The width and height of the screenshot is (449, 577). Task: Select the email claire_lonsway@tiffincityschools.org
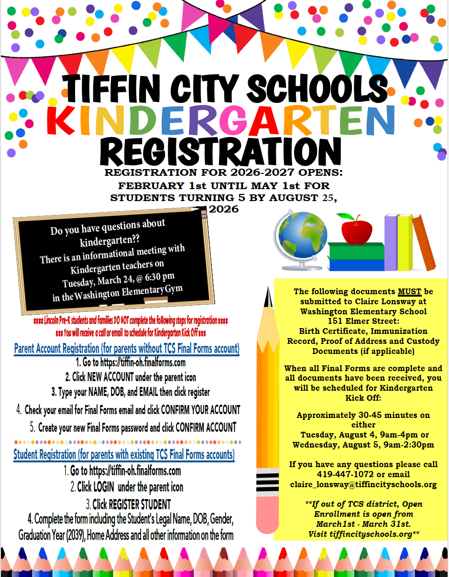(x=363, y=484)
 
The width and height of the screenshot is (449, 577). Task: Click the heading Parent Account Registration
(x=127, y=349)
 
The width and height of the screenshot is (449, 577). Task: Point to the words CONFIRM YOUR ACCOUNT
(x=200, y=410)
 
